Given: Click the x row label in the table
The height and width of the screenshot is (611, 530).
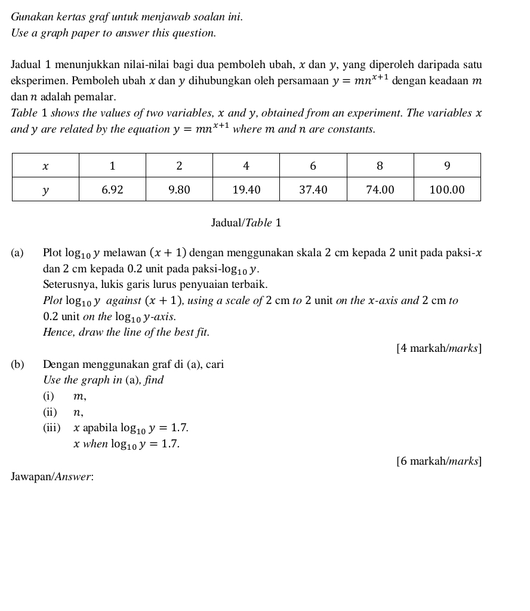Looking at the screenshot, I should tap(45, 165).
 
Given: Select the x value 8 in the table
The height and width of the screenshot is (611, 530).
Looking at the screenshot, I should tap(380, 165).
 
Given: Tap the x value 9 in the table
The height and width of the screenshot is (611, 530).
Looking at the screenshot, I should tap(447, 165).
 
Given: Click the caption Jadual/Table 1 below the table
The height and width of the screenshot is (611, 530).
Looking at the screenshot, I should tap(246, 223).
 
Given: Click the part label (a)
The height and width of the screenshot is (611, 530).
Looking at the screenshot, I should tap(17, 253).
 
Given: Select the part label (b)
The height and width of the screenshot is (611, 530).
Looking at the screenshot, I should tap(18, 364).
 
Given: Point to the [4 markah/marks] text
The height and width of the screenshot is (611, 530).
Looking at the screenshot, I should tap(439, 348).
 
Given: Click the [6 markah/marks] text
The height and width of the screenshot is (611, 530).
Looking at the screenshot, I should tap(439, 460).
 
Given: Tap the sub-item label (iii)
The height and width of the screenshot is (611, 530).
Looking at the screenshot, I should tap(51, 428).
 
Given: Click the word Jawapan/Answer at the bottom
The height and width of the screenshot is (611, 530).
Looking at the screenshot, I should tap(53, 477).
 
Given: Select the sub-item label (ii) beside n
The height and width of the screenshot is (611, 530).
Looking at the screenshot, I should tap(50, 412).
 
